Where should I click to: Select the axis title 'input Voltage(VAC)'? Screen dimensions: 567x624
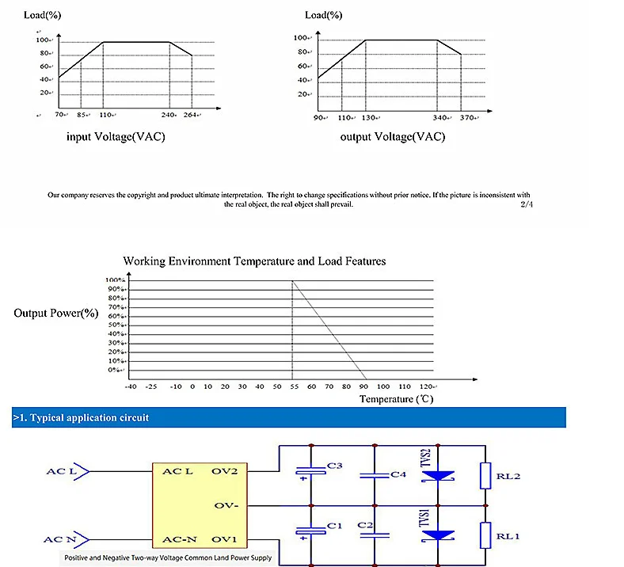coord(116,137)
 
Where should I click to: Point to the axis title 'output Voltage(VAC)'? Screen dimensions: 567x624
coord(392,137)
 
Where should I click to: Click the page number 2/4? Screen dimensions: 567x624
coord(527,204)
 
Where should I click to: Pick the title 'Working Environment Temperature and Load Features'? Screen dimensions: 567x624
coord(254,261)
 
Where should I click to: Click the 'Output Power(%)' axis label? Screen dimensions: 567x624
coord(55,313)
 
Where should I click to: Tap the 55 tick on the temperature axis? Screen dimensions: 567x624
coord(293,386)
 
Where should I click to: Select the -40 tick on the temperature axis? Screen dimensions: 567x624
coord(131,386)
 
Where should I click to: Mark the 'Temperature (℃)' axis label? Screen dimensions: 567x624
coord(396,399)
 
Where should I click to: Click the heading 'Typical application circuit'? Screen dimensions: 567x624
coord(81,417)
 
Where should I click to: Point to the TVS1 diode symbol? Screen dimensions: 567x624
coord(437,535)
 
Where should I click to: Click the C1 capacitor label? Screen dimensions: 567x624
coord(334,525)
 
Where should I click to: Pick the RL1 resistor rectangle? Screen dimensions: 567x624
coord(486,535)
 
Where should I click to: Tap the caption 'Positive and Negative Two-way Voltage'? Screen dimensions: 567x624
coord(169,558)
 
